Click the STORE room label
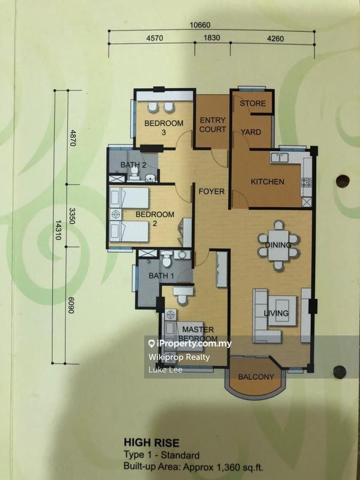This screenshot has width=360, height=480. click(x=253, y=103)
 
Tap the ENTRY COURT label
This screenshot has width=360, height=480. click(x=212, y=125)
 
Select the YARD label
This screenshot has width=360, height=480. click(x=251, y=132)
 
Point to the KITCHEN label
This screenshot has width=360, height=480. click(x=267, y=182)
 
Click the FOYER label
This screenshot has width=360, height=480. click(x=212, y=191)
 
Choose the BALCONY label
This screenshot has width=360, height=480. click(x=256, y=377)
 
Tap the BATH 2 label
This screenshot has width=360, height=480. click(x=133, y=164)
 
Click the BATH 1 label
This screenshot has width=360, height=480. click(x=161, y=275)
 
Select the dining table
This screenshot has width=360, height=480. click(x=278, y=245)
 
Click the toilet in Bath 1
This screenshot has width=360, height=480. click(x=167, y=259)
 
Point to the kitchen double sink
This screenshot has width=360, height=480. click(x=280, y=158)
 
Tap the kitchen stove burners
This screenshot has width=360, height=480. click(x=307, y=182)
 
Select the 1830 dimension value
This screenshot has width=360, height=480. click(x=212, y=38)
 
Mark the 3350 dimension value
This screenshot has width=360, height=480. click(x=72, y=216)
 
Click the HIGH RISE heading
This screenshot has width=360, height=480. click(x=152, y=443)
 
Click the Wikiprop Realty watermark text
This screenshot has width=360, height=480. click(x=179, y=357)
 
